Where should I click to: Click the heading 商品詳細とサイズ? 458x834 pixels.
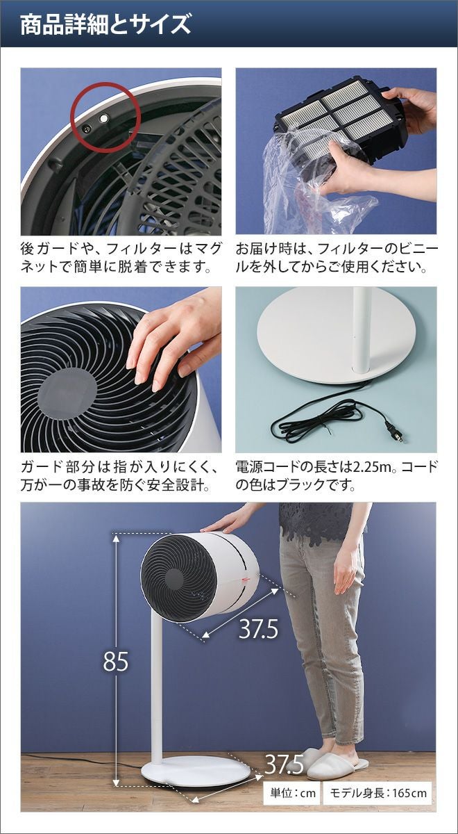105,24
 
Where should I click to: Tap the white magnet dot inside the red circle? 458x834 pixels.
104,118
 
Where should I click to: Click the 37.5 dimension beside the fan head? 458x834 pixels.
258,629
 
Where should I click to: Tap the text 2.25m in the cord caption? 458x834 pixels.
366,467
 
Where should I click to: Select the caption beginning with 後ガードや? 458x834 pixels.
121,258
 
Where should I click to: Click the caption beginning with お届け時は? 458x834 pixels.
337,258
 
